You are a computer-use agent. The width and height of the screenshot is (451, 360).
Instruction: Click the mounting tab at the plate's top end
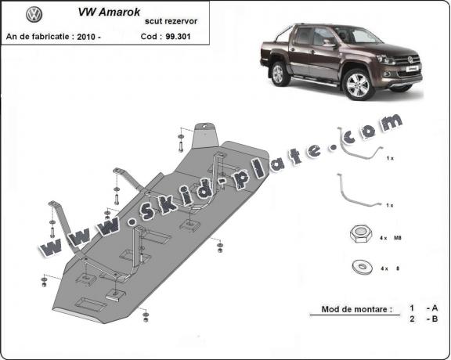(206, 135)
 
